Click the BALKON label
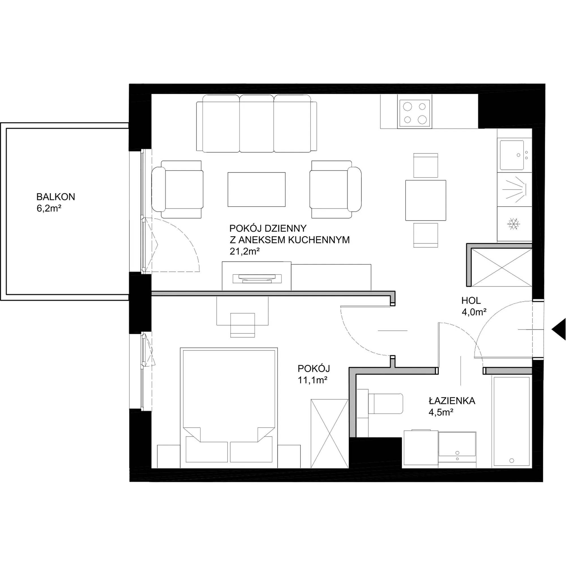(56, 197)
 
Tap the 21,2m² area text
(245, 251)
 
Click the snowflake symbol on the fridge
(514, 224)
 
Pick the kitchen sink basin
(512, 155)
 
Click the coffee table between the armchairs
(257, 189)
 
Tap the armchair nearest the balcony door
(177, 189)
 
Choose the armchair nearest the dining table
(336, 189)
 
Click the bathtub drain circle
(512, 460)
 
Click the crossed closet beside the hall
(502, 267)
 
